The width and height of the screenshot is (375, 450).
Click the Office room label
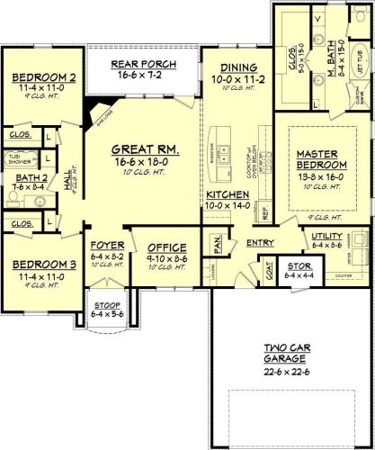(167, 247)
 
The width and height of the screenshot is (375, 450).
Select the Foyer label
(107, 245)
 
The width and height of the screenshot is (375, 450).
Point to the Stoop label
(107, 305)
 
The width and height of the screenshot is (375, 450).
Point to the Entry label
(259, 241)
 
